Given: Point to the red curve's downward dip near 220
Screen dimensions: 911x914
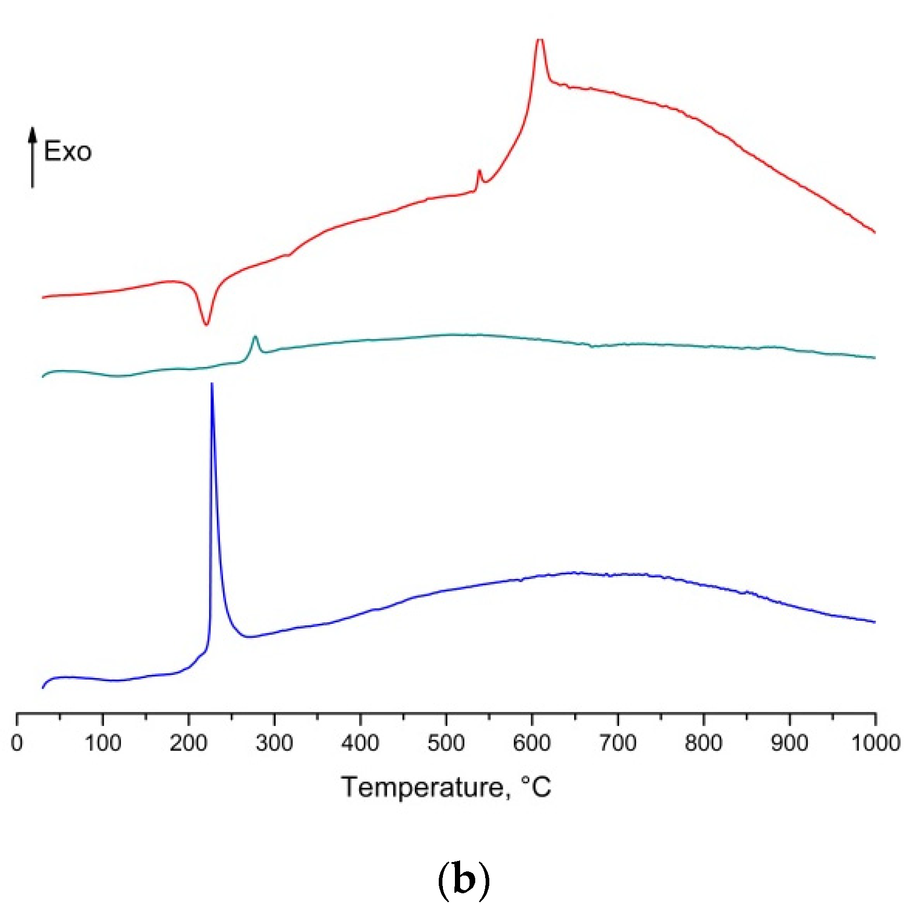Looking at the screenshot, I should coord(206,324).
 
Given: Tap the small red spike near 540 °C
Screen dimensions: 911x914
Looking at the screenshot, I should coord(479,172).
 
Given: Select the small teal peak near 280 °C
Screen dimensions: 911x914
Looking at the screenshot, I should coord(255,338).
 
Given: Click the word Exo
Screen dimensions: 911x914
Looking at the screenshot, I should coord(67,152).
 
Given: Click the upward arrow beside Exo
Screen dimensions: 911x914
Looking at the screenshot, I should coord(33,156).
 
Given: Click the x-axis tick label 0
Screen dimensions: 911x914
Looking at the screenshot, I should coord(17,743).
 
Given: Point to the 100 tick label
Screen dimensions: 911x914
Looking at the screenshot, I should coord(103,743).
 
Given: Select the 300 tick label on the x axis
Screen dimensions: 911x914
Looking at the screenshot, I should coord(274,743).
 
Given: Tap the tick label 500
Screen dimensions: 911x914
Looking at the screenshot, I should coord(446,743).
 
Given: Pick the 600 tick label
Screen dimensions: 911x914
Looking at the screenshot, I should coord(532,743).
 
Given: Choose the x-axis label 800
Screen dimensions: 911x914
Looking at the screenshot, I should coord(703,743).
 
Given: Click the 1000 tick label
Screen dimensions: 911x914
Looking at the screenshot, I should coord(875,743).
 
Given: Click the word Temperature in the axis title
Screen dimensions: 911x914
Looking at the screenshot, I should coord(422,787).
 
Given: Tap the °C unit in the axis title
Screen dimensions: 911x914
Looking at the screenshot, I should coord(536,786).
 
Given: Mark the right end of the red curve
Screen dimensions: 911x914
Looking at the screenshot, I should coord(874,232).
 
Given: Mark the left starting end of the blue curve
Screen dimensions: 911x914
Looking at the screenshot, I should coord(43,687).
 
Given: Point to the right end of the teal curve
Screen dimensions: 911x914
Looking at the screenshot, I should coord(874,358).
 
